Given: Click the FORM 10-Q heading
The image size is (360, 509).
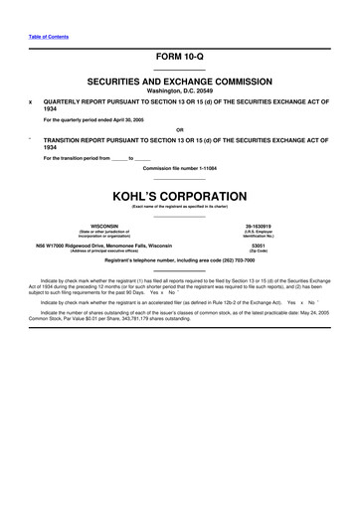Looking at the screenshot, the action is point(179,59).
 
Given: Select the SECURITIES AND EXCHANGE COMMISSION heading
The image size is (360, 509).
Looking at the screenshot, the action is point(180,79).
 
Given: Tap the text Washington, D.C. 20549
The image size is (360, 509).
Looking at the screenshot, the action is point(179,89).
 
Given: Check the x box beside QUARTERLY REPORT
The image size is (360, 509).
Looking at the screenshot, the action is point(31,101).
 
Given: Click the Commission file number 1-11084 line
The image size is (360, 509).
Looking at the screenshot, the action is point(179,168).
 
